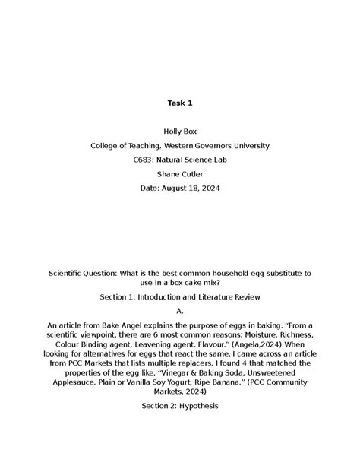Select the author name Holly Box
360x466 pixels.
(x=179, y=131)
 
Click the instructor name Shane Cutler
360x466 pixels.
(x=179, y=174)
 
